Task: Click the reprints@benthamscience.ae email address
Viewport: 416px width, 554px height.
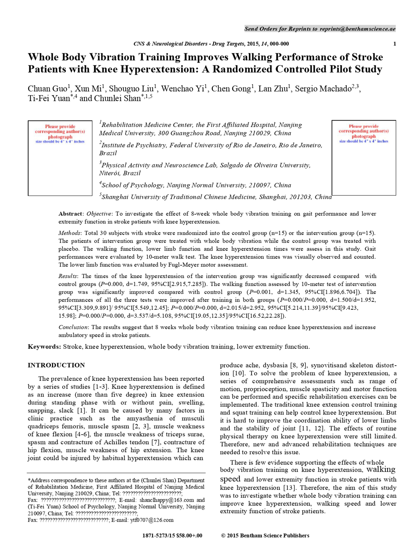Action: click(x=357, y=29)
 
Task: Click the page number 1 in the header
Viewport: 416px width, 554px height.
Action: click(x=395, y=44)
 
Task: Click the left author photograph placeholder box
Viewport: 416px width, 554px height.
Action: click(x=60, y=158)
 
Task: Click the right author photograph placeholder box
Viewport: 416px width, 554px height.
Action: click(x=364, y=158)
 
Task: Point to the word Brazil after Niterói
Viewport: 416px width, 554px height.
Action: click(x=132, y=174)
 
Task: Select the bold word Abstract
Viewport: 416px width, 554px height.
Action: click(x=70, y=214)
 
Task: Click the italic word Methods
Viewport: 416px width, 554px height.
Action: click(x=69, y=233)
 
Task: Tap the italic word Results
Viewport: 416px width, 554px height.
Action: click(x=68, y=276)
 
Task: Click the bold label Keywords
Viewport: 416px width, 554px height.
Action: click(x=44, y=347)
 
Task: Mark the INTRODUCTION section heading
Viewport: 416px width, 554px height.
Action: click(x=56, y=365)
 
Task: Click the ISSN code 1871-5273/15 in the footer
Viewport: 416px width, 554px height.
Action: click(x=158, y=536)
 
